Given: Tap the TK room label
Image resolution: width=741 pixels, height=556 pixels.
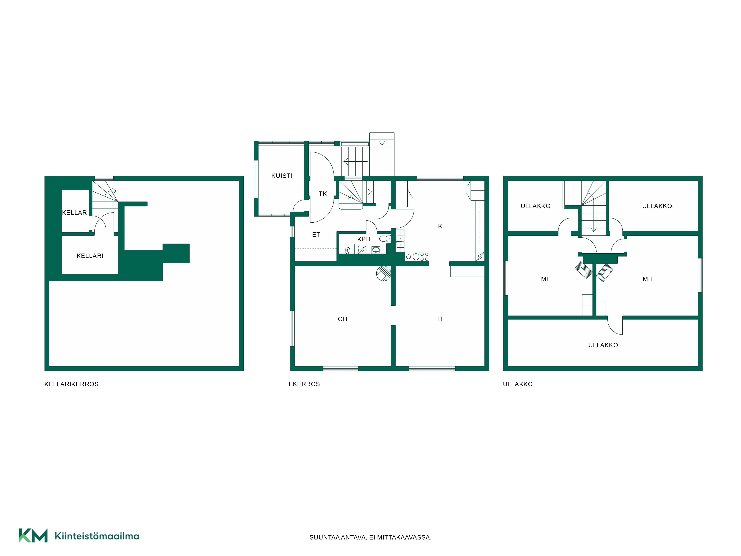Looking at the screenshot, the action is (x=323, y=194).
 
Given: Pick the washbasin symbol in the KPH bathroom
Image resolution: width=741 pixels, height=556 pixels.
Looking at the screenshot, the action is (x=376, y=250).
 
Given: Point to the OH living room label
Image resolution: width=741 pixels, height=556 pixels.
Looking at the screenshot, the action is (x=342, y=319).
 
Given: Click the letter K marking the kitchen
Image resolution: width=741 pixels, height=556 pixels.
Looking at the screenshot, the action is (x=440, y=226).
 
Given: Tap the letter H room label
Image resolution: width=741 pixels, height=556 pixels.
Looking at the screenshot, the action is (x=440, y=319).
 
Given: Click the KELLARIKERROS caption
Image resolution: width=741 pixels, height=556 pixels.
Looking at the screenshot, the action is (x=71, y=384).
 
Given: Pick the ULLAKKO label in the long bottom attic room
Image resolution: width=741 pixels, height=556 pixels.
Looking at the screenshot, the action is (x=603, y=345).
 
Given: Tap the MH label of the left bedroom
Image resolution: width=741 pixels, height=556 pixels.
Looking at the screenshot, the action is (x=546, y=279).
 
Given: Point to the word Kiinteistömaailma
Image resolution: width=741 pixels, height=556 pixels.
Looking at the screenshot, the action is (x=97, y=536).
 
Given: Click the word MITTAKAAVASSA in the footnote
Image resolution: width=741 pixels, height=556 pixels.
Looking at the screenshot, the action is (x=404, y=537).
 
